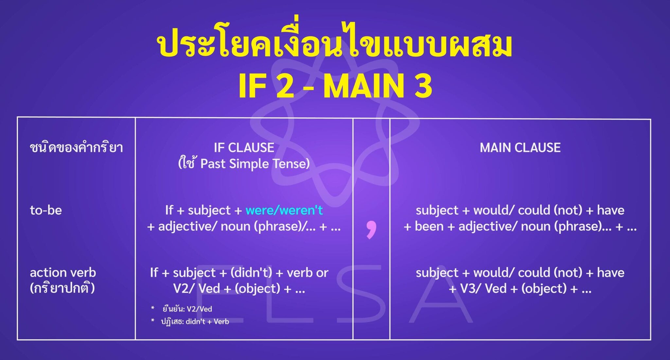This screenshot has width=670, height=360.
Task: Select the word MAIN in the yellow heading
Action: pos(363,86)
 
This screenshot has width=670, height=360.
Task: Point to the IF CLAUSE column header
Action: pos(244,148)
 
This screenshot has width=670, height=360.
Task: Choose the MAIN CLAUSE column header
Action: pos(520,148)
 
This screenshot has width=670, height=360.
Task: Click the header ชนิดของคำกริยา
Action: pos(76,148)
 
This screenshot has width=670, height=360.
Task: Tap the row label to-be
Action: pos(46,210)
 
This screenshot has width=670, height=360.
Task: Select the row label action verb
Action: pos(63,272)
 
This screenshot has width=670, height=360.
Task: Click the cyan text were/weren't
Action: pos(284,210)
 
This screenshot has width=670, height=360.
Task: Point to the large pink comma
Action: pos(371,229)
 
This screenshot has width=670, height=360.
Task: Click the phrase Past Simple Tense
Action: pos(255,164)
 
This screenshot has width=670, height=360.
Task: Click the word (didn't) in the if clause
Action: pos(251,272)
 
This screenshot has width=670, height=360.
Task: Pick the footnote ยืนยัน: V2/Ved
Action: pos(187,309)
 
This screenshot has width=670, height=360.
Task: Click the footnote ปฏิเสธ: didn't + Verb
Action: pos(195,322)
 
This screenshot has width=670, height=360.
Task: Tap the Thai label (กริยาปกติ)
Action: pos(62,288)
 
